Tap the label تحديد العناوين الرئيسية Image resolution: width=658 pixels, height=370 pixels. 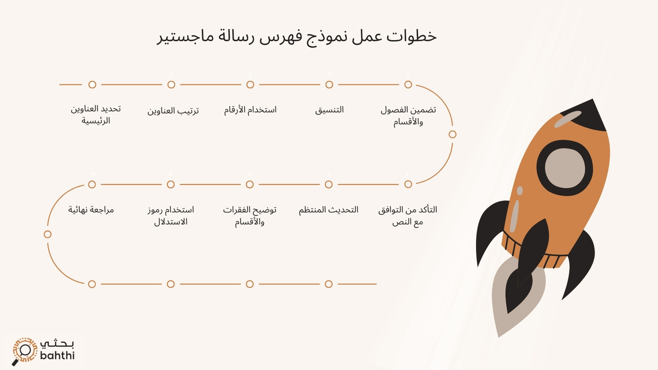point(96,115)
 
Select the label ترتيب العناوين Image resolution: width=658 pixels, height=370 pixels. point(173,110)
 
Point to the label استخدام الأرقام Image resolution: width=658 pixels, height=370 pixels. point(250,109)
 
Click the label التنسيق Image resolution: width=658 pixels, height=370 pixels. point(330,109)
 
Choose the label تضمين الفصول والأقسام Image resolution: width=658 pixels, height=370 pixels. point(408,116)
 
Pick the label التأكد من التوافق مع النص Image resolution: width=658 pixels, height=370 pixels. point(408,216)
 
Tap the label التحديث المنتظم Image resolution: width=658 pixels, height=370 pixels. point(329,210)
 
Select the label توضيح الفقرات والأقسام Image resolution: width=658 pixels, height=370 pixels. point(250,216)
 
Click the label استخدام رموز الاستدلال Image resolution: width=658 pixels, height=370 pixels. point(171,216)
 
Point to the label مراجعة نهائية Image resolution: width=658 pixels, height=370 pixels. point(91,210)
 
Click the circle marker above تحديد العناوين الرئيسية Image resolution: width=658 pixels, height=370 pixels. point(93,84)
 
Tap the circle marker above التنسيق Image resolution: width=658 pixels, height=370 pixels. point(329,84)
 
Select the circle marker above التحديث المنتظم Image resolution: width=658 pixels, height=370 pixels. point(328,184)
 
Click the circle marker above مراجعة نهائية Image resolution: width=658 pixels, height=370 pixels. point(92,184)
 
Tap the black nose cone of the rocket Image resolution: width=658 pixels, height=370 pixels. point(586,114)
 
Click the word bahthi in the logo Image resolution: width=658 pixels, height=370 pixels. point(57,355)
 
